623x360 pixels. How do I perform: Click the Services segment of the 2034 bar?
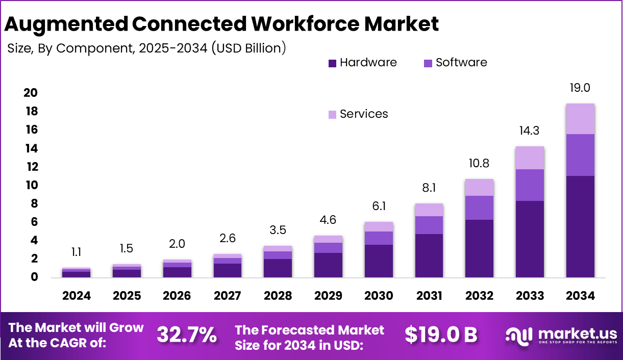click(580, 119)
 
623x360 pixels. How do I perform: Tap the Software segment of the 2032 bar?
click(479, 208)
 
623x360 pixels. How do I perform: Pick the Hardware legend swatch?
click(332, 63)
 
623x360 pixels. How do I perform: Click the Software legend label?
click(461, 63)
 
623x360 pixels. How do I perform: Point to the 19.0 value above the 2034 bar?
click(580, 88)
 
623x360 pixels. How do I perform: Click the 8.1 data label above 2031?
click(429, 189)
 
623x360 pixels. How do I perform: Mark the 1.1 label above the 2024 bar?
click(77, 252)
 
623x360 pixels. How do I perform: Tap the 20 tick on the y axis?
click(30, 93)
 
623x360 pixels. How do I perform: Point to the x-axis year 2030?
click(378, 296)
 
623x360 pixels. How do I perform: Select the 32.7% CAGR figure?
click(186, 335)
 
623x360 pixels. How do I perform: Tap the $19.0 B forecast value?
click(441, 335)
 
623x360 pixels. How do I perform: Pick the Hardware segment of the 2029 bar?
click(328, 265)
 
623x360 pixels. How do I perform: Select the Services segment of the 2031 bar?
click(429, 210)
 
